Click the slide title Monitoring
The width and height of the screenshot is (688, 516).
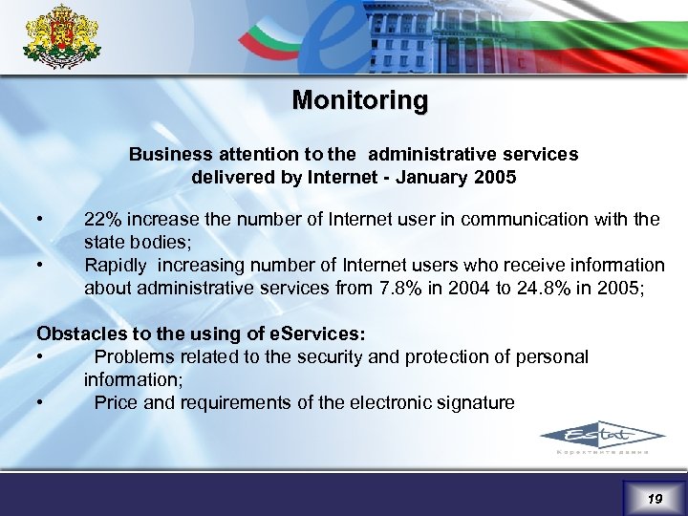(x=360, y=100)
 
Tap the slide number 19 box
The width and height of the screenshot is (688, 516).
(x=654, y=499)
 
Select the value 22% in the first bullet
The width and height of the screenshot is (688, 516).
(x=102, y=220)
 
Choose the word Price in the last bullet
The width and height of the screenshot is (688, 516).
(x=116, y=402)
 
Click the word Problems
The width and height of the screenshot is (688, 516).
(x=134, y=357)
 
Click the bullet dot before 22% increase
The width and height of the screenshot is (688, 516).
(x=39, y=219)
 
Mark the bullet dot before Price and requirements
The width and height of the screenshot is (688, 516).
(x=39, y=401)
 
